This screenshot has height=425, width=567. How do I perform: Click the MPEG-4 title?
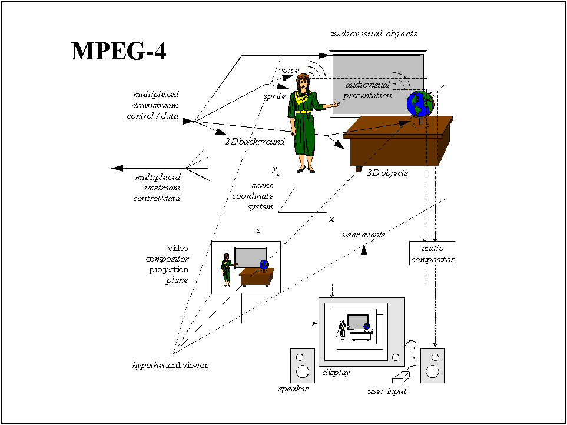(118, 51)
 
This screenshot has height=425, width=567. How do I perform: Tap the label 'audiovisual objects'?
(373, 34)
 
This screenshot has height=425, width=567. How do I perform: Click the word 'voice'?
(289, 70)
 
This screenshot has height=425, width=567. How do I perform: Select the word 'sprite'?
(275, 96)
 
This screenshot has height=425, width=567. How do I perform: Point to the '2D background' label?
(254, 142)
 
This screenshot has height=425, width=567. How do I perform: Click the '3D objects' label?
(387, 173)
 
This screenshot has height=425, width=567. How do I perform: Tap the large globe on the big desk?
(420, 103)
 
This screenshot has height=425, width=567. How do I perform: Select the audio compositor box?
(432, 253)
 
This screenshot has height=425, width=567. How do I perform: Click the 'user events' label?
(363, 235)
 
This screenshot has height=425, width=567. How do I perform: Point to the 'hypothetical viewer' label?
(170, 366)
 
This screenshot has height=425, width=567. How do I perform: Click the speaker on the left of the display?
(302, 366)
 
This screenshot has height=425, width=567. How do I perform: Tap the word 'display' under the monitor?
(336, 372)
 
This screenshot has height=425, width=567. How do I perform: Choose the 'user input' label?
(387, 391)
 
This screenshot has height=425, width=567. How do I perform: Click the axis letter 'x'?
(331, 219)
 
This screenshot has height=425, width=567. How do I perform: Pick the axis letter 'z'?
(259, 230)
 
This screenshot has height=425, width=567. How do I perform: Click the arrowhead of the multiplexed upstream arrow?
(117, 168)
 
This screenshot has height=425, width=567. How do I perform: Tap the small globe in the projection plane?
(264, 265)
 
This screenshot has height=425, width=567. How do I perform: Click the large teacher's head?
(303, 82)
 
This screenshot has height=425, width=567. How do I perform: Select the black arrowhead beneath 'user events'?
(364, 250)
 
